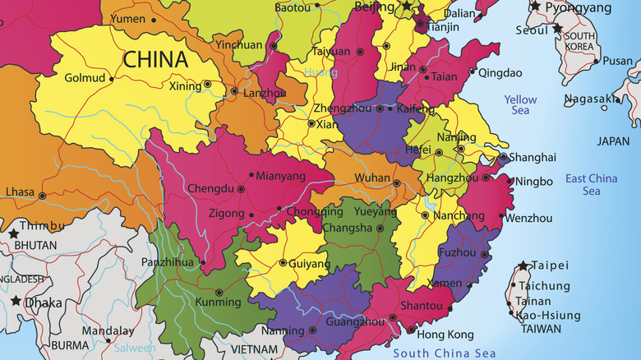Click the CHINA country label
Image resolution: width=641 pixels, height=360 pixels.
tap(155, 59)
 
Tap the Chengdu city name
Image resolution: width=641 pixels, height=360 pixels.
tap(210, 188)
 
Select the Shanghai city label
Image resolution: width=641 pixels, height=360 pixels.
tap(532, 157)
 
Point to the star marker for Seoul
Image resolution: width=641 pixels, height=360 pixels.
tap(557, 29)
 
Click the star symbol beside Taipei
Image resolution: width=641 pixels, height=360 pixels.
tap(523, 266)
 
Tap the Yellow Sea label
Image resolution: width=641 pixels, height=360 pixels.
tap(520, 105)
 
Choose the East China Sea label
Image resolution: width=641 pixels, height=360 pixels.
tap(591, 184)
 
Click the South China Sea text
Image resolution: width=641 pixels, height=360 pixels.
tap(445, 353)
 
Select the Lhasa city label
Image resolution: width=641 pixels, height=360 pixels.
tap(20, 192)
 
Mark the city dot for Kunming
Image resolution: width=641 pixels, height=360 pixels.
tap(218, 292)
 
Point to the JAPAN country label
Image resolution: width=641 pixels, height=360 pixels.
tap(613, 141)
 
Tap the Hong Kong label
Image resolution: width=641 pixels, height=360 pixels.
tap(445, 335)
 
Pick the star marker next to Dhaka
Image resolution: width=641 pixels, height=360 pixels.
tap(16, 302)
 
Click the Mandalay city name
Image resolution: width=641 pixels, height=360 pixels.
tap(108, 331)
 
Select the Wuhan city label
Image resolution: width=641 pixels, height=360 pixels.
tap(371, 178)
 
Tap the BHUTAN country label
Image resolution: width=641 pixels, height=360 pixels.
tap(35, 245)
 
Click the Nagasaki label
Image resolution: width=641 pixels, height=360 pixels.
tap(590, 99)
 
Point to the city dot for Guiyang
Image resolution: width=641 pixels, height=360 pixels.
tap(282, 263)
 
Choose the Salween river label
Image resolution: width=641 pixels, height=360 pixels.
tap(136, 348)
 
